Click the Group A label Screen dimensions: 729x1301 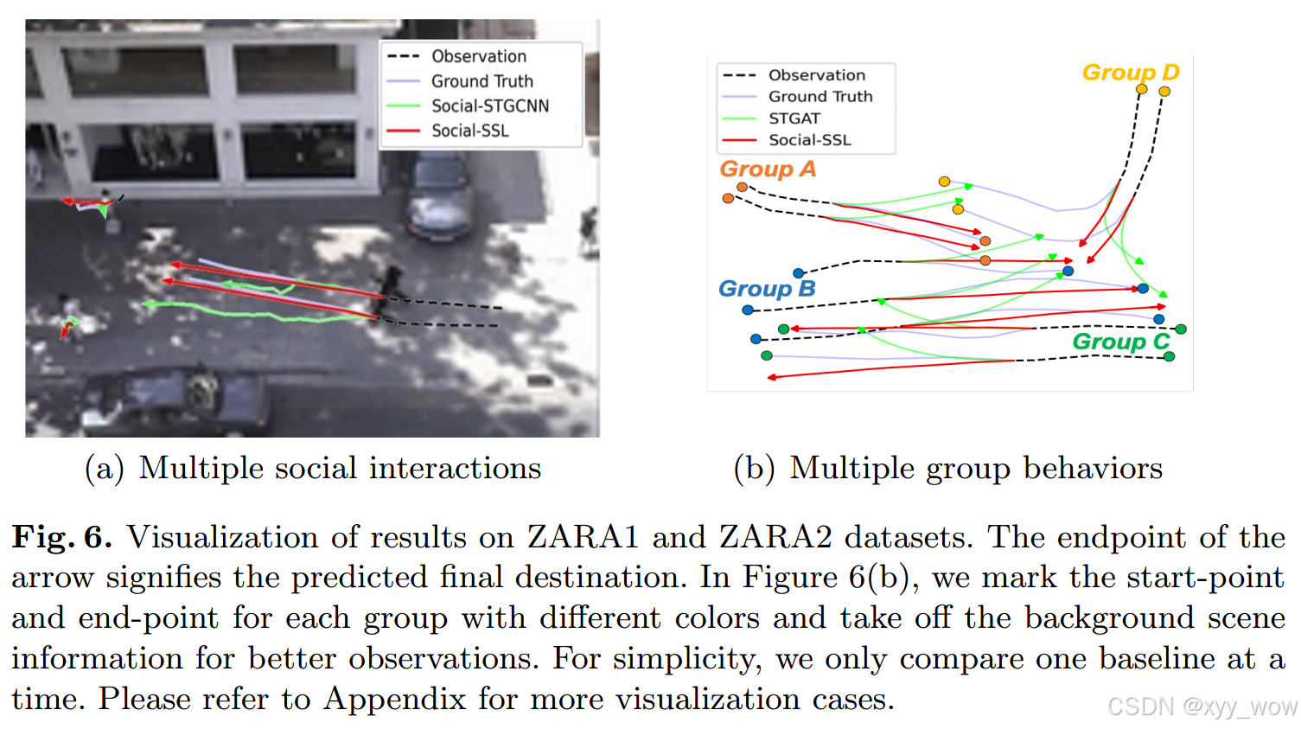[x=767, y=169]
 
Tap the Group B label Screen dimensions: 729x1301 [x=766, y=289]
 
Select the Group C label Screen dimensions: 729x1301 [x=1120, y=342]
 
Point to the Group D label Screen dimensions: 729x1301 [x=1130, y=73]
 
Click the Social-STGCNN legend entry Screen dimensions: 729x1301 [x=489, y=106]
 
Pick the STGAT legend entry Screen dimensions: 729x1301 [x=794, y=118]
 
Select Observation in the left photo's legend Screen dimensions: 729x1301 [x=478, y=56]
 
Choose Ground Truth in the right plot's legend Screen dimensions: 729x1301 [x=820, y=97]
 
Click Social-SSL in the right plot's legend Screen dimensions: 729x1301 [x=809, y=140]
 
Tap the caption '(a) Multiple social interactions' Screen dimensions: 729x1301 [x=313, y=468]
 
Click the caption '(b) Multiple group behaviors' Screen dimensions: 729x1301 [x=947, y=468]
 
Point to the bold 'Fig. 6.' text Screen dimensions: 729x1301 [x=61, y=537]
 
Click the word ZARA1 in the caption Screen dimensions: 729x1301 [x=583, y=537]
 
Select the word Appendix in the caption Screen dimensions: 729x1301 [x=395, y=699]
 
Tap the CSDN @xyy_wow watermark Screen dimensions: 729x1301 [x=1202, y=707]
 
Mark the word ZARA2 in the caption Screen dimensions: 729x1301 [x=775, y=537]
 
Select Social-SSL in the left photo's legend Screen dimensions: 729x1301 [x=469, y=131]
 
